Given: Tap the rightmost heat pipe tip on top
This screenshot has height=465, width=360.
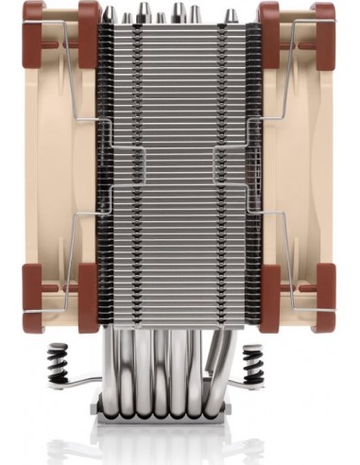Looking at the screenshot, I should (222, 16).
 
